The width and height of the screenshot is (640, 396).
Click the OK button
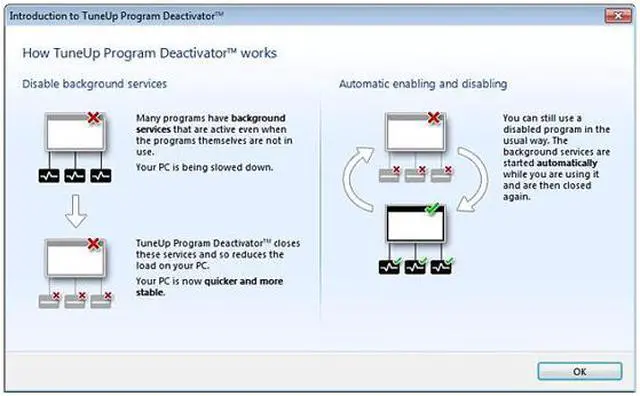point(579,371)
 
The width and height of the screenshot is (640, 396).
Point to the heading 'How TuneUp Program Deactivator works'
point(150,52)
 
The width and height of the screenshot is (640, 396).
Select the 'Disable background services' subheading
point(94,83)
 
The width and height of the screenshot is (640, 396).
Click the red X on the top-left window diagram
point(94,119)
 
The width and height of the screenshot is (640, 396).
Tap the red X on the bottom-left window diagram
point(94,243)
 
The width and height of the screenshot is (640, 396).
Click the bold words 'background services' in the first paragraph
point(198,124)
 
